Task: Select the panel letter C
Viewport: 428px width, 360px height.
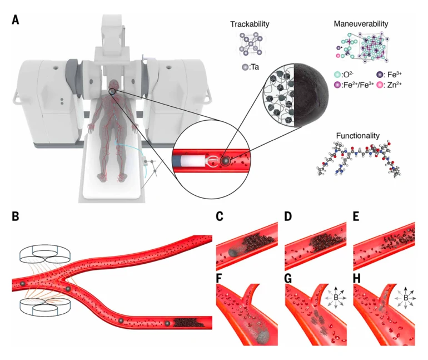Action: pos(221,216)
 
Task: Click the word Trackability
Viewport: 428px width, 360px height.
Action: pos(250,25)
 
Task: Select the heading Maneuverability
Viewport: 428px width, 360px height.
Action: pos(361,24)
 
